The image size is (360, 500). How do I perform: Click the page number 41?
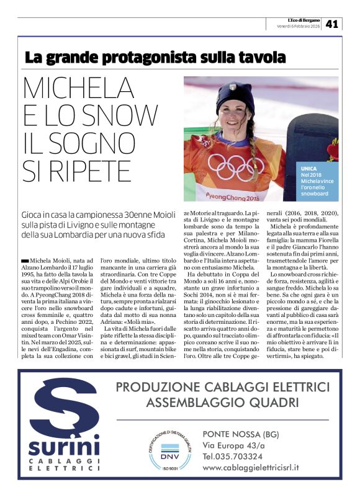[333, 24]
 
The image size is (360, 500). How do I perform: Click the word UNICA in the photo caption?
[309, 168]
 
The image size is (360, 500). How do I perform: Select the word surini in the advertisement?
[63, 446]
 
